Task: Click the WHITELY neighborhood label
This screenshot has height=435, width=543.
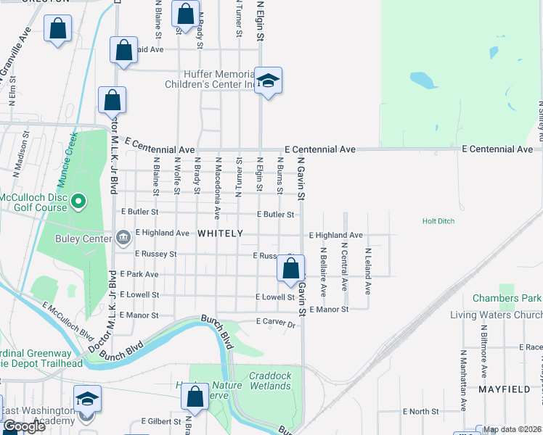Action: pyautogui.click(x=219, y=233)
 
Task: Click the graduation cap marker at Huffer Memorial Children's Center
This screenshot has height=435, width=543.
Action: pyautogui.click(x=268, y=82)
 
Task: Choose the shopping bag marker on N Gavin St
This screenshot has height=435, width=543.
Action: pyautogui.click(x=290, y=269)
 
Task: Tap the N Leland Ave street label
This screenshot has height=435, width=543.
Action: pyautogui.click(x=368, y=270)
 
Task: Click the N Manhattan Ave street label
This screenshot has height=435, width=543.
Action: pyautogui.click(x=462, y=380)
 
